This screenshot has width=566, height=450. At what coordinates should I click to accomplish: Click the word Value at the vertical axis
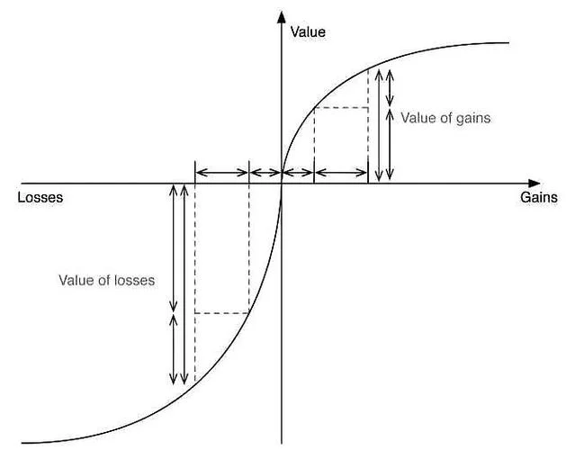point(308,32)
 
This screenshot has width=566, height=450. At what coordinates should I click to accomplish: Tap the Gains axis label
point(539,198)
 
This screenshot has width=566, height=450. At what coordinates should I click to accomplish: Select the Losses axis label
point(40,198)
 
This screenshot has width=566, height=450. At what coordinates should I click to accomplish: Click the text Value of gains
point(445,118)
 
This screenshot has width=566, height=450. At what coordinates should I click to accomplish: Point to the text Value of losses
point(107,280)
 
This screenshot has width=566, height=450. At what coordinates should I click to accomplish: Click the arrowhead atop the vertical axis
point(281,17)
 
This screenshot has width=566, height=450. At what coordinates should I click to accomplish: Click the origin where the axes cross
point(282,184)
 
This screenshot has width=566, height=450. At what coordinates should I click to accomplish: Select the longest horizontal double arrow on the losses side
point(221,173)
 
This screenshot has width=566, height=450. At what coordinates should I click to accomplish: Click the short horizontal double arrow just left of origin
point(265,173)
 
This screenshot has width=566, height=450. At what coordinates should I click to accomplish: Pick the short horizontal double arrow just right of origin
point(298,173)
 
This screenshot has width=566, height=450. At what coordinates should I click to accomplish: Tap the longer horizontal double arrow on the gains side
point(341,173)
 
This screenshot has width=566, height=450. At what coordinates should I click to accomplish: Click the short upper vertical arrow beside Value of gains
point(390,88)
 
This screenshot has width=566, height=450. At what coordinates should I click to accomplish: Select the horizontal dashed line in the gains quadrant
point(341,108)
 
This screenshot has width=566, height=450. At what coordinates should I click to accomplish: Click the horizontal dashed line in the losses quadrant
point(221,313)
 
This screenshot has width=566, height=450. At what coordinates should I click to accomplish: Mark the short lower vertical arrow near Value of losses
point(174,349)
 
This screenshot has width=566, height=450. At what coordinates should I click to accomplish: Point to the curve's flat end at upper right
point(509,43)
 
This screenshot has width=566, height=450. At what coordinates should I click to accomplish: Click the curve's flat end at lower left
point(22,443)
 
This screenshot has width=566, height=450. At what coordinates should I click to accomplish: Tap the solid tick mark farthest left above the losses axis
point(195,172)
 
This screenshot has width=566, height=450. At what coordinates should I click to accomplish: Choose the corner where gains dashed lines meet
point(368,108)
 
